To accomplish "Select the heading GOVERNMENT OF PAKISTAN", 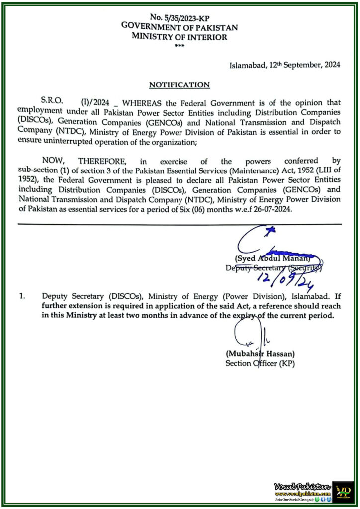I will point(180,27).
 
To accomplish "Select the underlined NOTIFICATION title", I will point(180,85).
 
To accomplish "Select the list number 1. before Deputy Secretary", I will point(22,296).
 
